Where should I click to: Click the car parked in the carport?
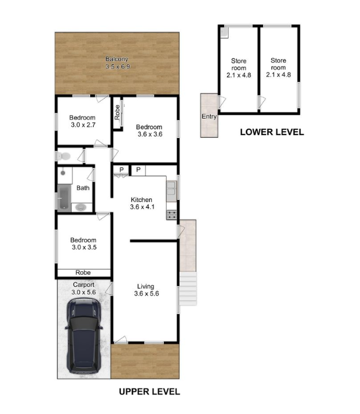(84, 336)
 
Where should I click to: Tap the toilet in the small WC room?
(63, 156)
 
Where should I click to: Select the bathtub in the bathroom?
(64, 197)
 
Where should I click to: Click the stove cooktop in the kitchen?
(171, 215)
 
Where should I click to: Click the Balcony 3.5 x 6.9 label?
(118, 63)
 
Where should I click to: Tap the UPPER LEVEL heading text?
(149, 391)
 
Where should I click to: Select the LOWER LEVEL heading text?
(272, 132)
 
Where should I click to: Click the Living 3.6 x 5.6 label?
(146, 290)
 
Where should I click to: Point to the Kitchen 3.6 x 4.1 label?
(142, 203)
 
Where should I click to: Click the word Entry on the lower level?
(209, 117)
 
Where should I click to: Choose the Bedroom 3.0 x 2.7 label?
(83, 121)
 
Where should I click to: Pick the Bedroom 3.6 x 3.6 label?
(149, 130)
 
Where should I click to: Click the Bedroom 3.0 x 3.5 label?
(84, 244)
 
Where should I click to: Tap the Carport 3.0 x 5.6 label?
(83, 288)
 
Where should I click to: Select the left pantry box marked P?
(121, 170)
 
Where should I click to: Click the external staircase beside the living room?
(188, 288)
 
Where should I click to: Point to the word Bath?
(83, 188)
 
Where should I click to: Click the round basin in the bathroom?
(81, 208)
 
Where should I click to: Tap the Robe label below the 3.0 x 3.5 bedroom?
(83, 273)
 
